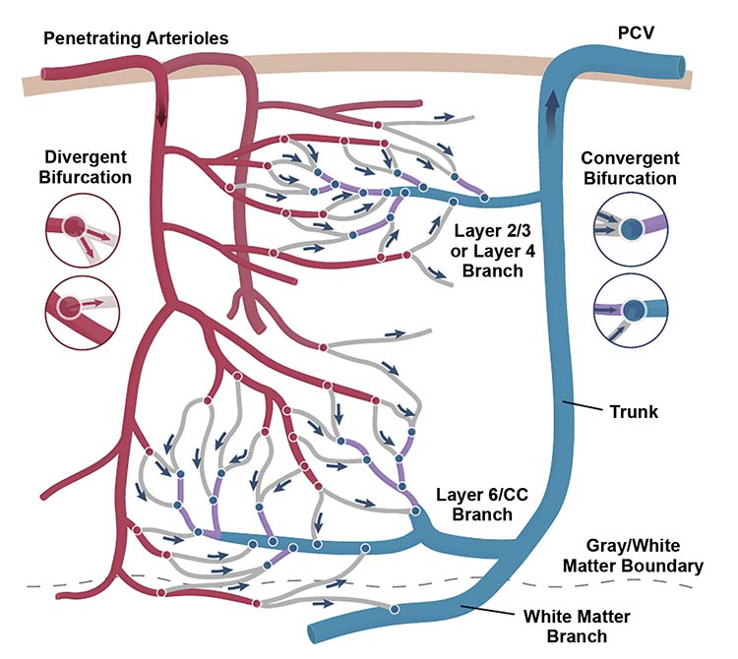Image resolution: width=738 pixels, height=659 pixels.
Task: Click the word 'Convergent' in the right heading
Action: point(630,159)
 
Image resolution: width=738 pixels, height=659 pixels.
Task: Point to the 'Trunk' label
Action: point(639,412)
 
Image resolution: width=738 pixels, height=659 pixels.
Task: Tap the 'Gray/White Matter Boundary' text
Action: point(644,556)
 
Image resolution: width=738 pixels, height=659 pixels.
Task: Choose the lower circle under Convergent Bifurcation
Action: point(631,308)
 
